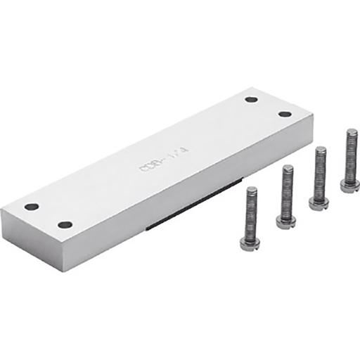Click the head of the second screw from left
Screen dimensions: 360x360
click(x=286, y=223)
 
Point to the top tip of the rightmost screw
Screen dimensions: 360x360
click(x=351, y=131)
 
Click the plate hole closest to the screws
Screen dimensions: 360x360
click(x=285, y=114)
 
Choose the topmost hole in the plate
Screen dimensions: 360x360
click(x=251, y=99)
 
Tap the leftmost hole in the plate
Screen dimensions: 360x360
click(x=32, y=207)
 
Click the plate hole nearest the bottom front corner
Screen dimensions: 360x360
click(x=65, y=225)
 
